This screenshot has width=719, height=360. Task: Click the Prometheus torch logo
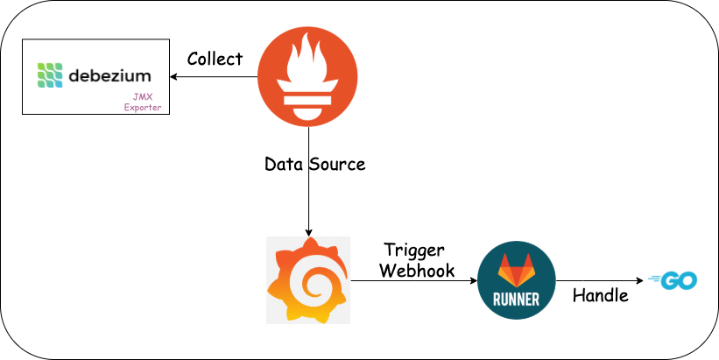307,77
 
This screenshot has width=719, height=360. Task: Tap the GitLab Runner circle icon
518,282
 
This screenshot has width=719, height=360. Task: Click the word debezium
109,75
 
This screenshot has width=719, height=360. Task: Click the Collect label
215,59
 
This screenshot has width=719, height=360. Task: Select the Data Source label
314,164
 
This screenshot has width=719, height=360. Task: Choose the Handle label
600,295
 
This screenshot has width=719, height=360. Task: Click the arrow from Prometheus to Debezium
215,77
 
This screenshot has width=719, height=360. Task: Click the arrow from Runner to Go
601,280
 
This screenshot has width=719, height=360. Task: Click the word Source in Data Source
338,164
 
